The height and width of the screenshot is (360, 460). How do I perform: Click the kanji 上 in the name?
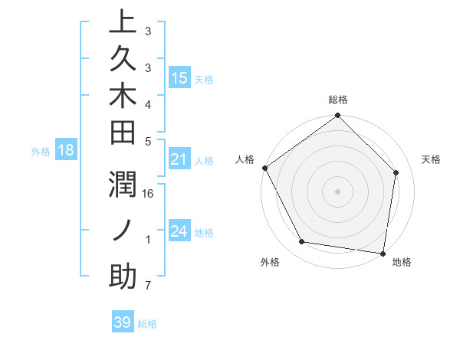click(123, 21)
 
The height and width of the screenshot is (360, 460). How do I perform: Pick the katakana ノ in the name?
click(123, 231)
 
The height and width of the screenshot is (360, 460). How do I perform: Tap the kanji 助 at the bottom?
click(123, 277)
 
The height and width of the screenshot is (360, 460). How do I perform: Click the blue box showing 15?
click(179, 77)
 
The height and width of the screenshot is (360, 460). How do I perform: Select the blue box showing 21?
click(179, 159)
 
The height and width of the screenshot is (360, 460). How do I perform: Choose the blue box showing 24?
click(179, 231)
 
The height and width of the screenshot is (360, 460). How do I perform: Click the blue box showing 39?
click(123, 322)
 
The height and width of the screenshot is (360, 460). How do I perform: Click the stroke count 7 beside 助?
click(148, 286)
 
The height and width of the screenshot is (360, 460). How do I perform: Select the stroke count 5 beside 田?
click(148, 140)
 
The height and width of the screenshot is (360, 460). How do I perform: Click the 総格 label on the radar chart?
click(338, 100)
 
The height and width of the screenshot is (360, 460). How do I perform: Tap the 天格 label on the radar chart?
click(431, 159)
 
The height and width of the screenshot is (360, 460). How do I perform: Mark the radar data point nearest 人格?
click(264, 168)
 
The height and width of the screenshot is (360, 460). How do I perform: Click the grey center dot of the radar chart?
click(338, 191)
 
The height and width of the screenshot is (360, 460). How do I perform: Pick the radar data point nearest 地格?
click(383, 253)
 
